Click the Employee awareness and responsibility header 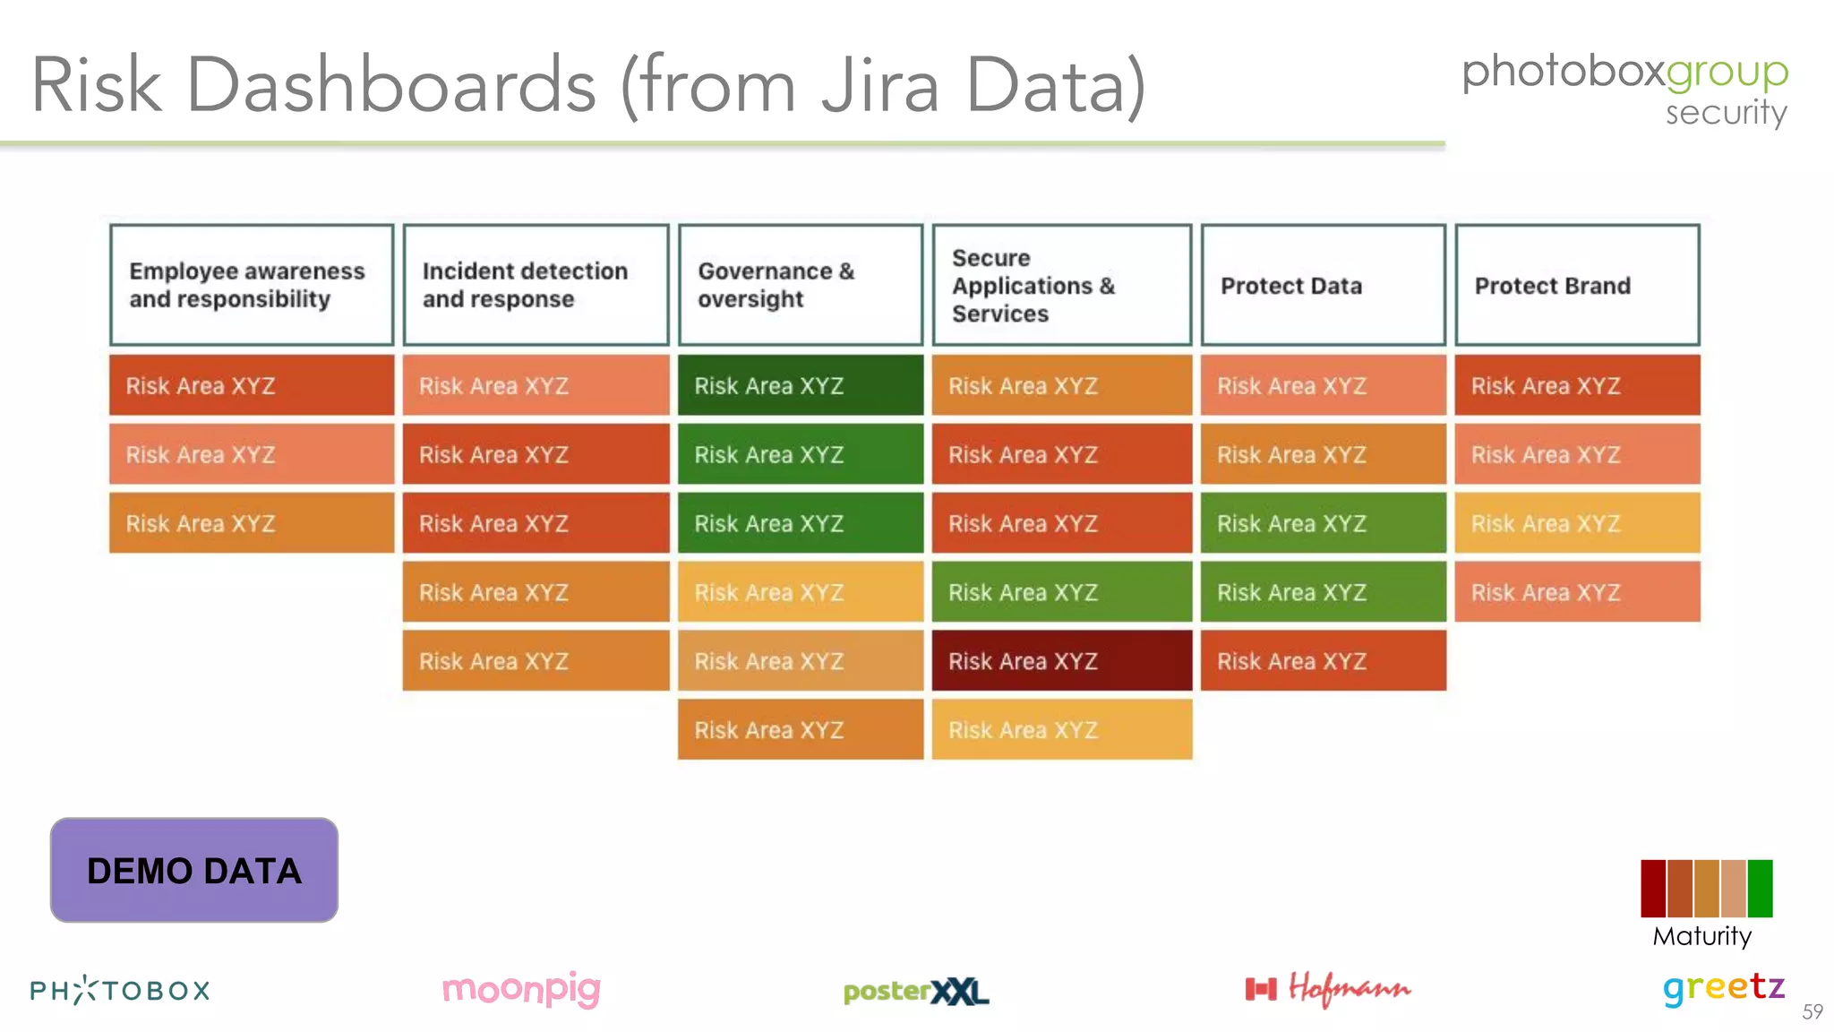(252, 285)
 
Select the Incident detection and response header (536, 285)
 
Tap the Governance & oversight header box (800, 285)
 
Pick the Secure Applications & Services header (1061, 285)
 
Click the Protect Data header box (1323, 285)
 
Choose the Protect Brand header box (1577, 285)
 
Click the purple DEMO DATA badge (194, 870)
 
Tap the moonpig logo (521, 989)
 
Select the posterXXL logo (916, 991)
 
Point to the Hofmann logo (1328, 988)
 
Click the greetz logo (1724, 988)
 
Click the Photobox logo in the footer (120, 990)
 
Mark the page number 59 (1813, 1011)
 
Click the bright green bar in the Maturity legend (1760, 888)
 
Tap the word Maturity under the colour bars (1701, 936)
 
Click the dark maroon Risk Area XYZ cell (1061, 660)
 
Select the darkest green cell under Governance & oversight (800, 385)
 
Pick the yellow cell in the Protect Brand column (1577, 523)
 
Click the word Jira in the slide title (880, 85)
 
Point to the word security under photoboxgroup (1726, 113)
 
